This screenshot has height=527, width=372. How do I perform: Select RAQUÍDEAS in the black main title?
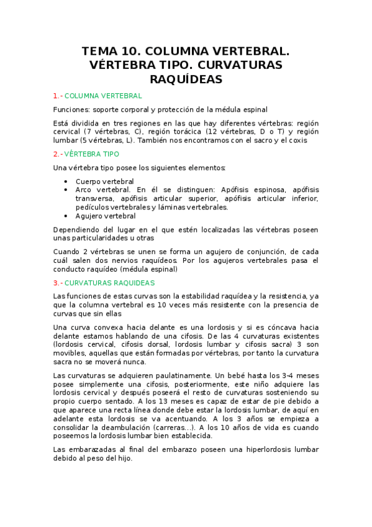186,80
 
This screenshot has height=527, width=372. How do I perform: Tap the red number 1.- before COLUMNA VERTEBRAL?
58,96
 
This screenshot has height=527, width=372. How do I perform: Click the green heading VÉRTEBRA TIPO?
92,154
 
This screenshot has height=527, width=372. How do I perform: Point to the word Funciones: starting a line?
71,109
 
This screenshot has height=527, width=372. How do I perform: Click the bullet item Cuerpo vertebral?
104,181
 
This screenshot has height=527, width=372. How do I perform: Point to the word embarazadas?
91,449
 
